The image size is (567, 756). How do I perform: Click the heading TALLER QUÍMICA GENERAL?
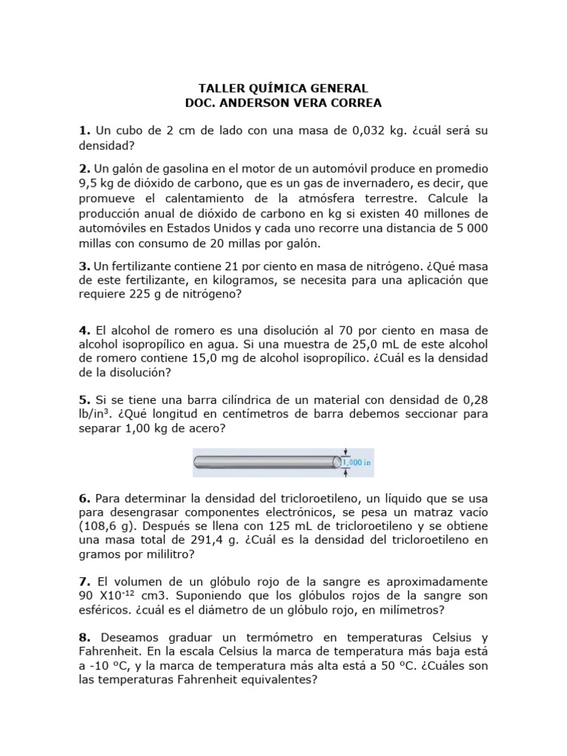pyautogui.click(x=283, y=89)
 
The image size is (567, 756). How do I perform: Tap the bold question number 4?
pyautogui.click(x=84, y=329)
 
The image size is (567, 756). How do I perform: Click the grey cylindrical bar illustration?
pyautogui.click(x=266, y=462)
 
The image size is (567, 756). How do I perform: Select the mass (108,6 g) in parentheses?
pyautogui.click(x=110, y=526)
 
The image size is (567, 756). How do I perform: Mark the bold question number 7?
pyautogui.click(x=84, y=581)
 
